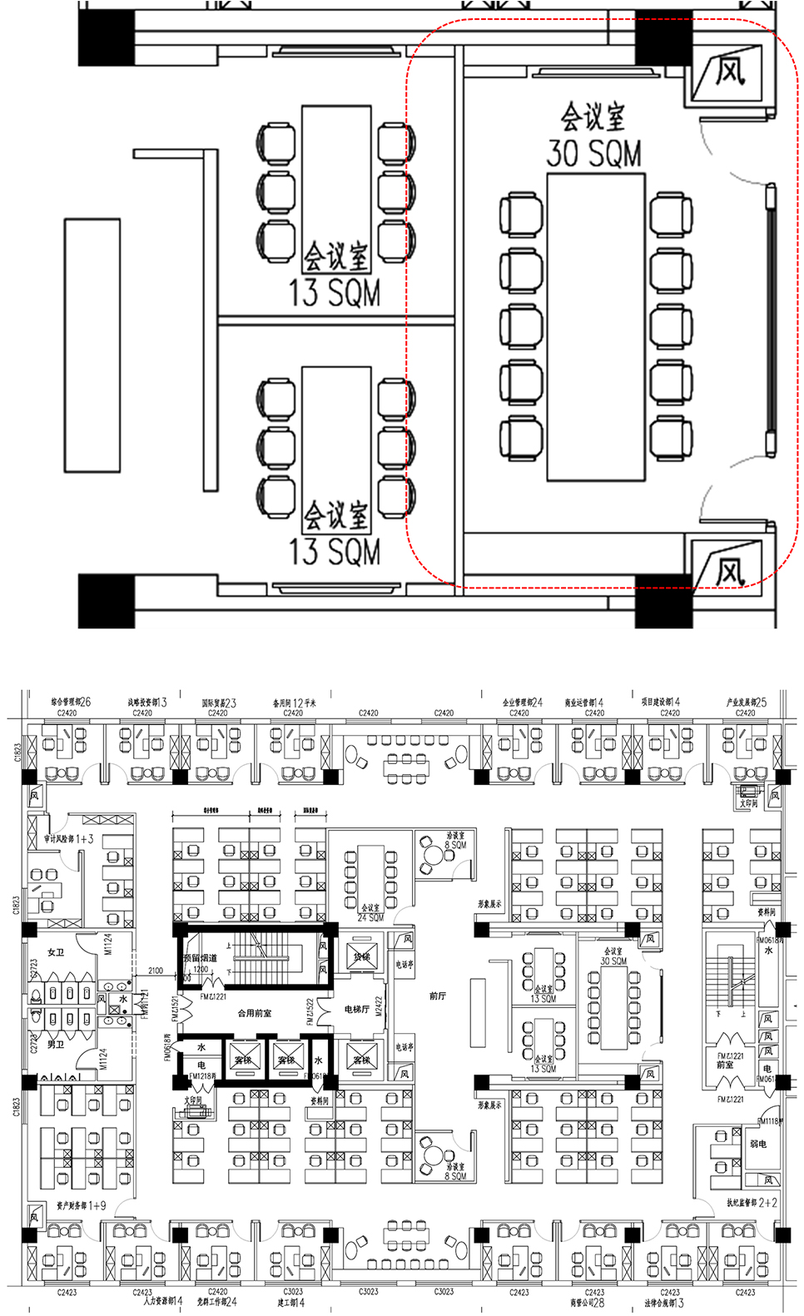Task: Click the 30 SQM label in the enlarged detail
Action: pos(593,154)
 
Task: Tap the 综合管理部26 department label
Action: pos(71,703)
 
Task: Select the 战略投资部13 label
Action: pos(147,703)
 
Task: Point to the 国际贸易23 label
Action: pos(219,703)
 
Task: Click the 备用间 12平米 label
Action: pos(294,703)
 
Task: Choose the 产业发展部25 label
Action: pos(746,703)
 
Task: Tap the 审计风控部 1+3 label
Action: pos(69,839)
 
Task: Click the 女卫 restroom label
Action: pos(56,952)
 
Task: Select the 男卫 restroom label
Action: pos(56,1044)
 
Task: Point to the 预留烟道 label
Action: pos(201,958)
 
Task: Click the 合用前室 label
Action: pos(255,1013)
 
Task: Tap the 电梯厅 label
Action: pos(357,1009)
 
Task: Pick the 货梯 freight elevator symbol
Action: pos(361,957)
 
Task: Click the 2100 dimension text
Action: pos(156,971)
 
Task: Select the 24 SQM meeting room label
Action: pos(370,918)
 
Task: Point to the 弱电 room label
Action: pos(758,1144)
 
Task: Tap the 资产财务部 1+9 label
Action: pos(82,1205)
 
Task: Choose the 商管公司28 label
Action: pos(588,1303)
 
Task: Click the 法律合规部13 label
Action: pos(664,1303)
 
